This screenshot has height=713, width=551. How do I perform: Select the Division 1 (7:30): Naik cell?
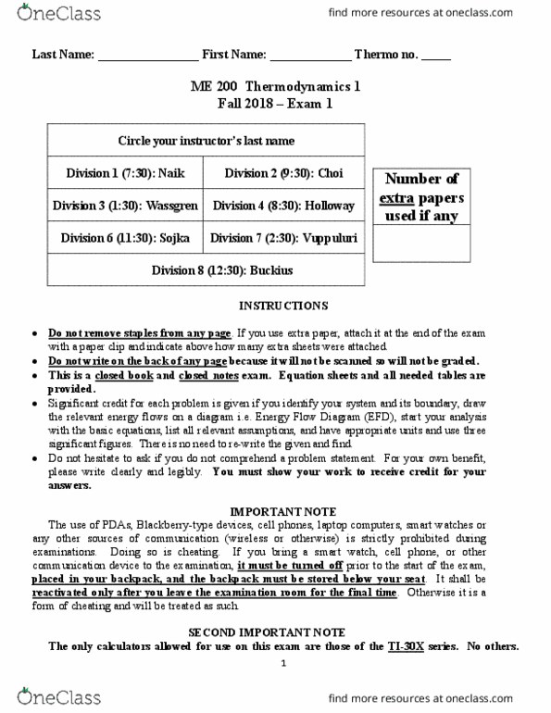126,173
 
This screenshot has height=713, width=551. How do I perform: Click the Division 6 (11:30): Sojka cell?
126,238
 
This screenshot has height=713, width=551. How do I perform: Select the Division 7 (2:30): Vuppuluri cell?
283,238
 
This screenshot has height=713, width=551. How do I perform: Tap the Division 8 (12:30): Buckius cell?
206,270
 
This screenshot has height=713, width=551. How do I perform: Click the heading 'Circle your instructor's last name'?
206,141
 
